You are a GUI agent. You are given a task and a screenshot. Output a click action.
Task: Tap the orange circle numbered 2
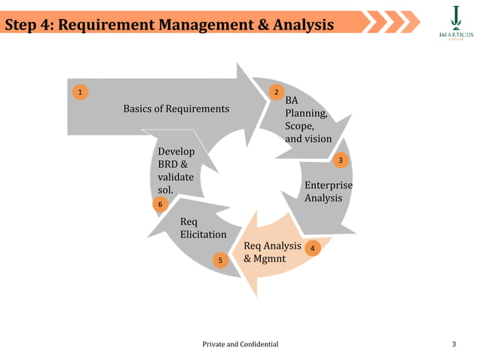tap(277, 93)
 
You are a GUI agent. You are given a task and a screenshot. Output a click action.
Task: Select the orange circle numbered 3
tap(341, 161)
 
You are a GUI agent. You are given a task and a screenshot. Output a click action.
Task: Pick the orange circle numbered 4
tap(314, 247)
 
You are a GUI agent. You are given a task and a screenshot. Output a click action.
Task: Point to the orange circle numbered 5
tap(220, 261)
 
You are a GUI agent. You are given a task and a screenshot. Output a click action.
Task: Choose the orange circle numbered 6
tap(160, 205)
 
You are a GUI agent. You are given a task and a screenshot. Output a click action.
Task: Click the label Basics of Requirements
tap(176, 109)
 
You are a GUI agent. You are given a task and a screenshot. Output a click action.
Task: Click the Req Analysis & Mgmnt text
tap(272, 253)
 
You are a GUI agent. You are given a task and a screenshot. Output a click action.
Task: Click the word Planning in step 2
tap(305, 114)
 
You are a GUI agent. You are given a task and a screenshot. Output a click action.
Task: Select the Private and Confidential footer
tap(240, 344)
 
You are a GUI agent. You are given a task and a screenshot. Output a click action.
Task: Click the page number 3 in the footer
tap(454, 344)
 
